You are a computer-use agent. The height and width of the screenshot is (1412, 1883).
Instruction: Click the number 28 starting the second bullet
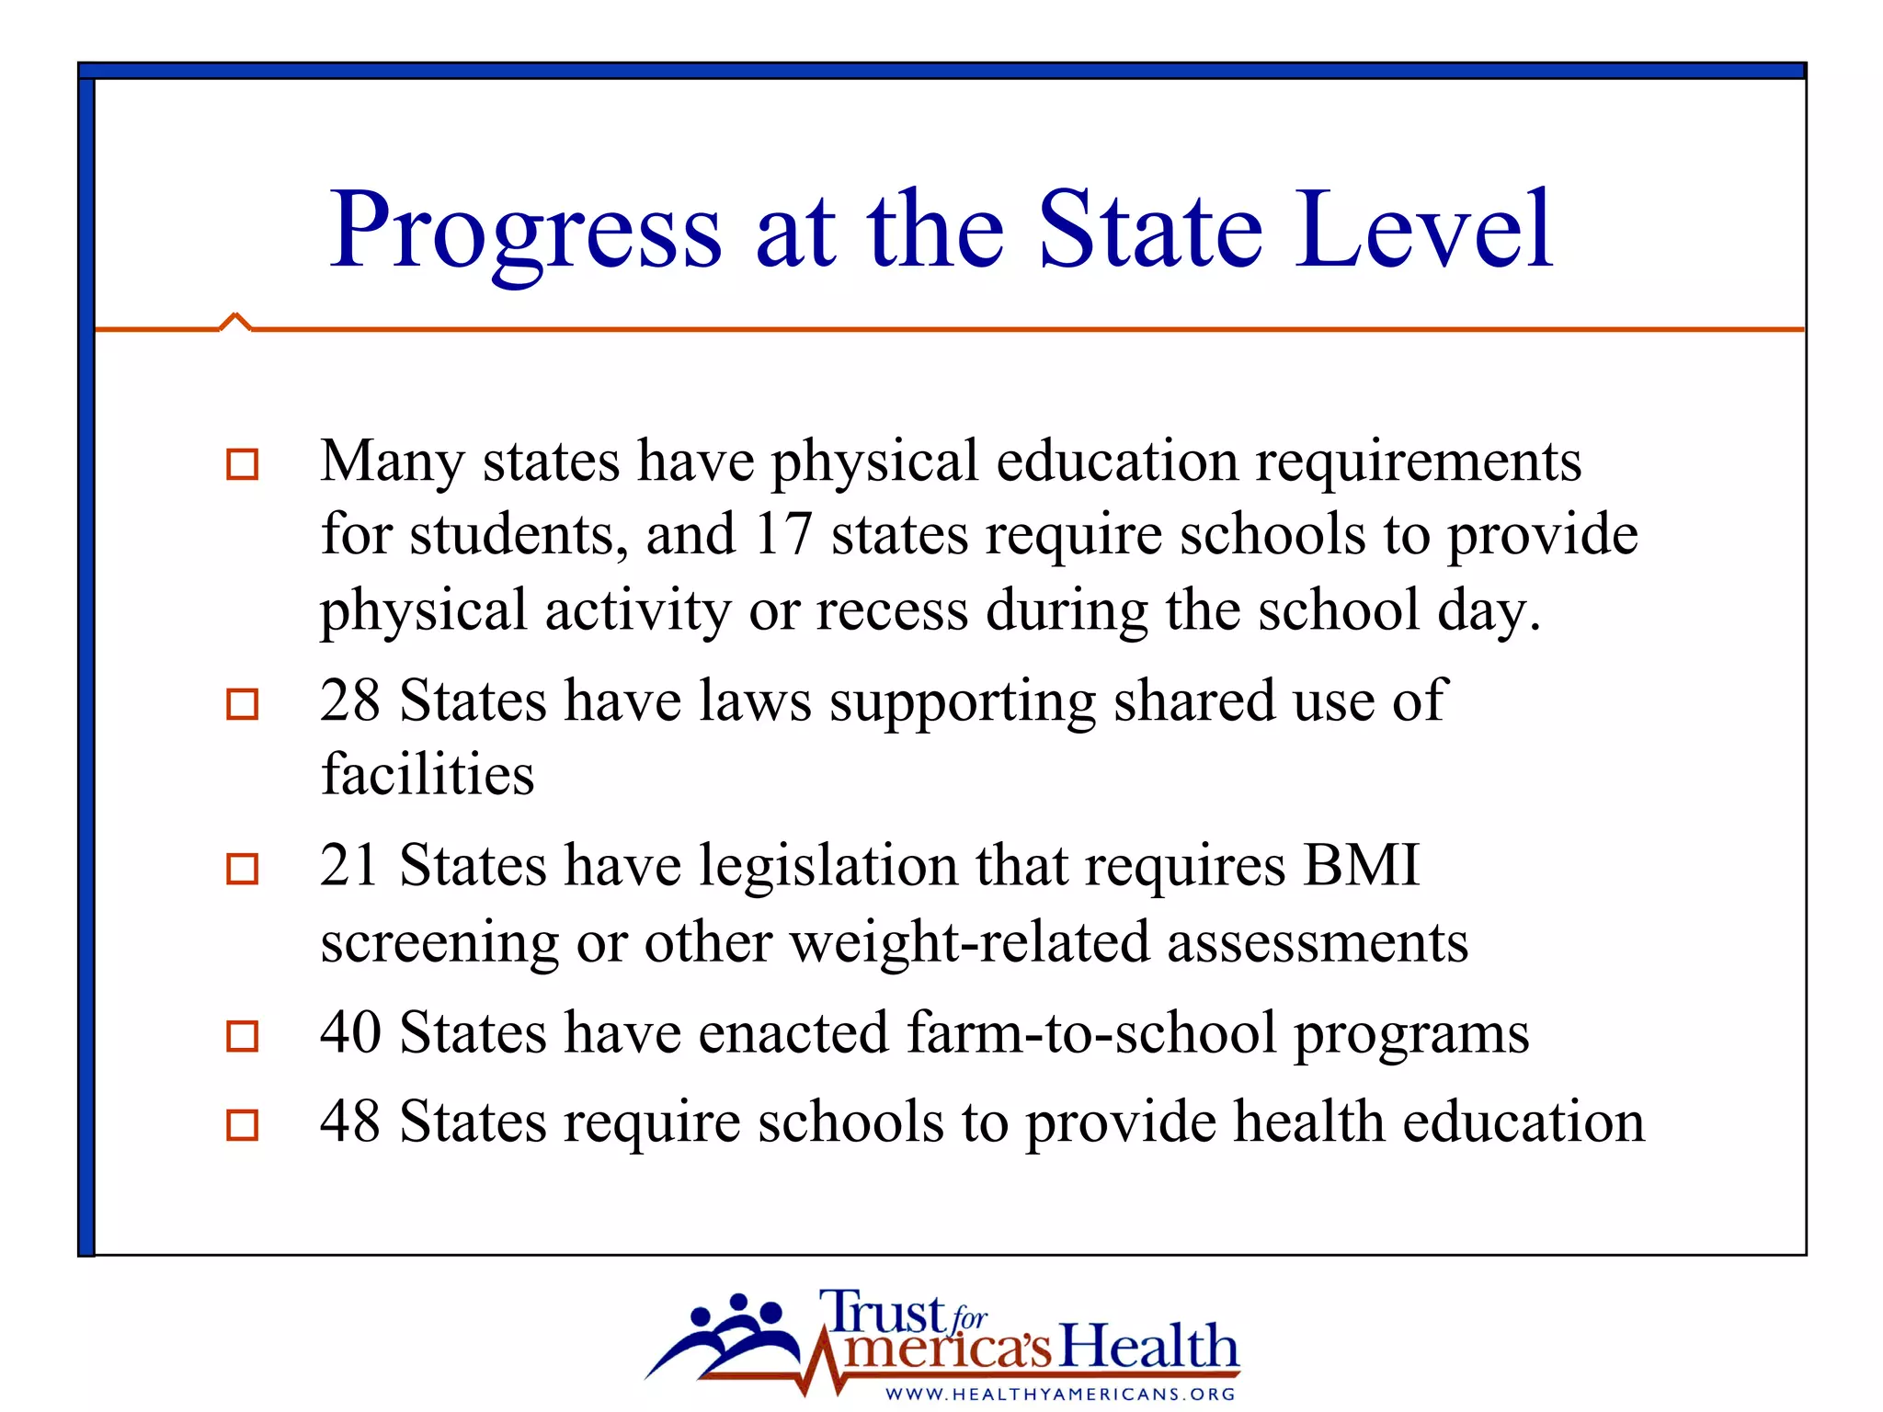pyautogui.click(x=350, y=700)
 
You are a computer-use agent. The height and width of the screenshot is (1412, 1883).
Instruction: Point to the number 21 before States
pyautogui.click(x=349, y=866)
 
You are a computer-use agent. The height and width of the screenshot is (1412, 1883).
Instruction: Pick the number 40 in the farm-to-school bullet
pyautogui.click(x=350, y=1032)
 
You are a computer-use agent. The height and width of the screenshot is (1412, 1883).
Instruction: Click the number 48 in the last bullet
pyautogui.click(x=350, y=1122)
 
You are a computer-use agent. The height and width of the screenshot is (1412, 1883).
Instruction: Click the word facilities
pyautogui.click(x=428, y=774)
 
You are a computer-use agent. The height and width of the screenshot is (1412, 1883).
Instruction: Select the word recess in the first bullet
pyautogui.click(x=892, y=610)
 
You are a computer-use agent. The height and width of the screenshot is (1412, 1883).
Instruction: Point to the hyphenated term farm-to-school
pyautogui.click(x=1091, y=1032)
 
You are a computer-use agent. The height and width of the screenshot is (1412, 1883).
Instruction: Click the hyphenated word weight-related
pyautogui.click(x=969, y=942)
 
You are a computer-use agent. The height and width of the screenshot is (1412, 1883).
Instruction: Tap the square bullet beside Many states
pyautogui.click(x=243, y=463)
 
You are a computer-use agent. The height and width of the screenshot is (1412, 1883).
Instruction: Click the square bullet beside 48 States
pyautogui.click(x=243, y=1124)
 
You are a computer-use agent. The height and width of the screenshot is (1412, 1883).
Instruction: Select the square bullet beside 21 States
pyautogui.click(x=243, y=869)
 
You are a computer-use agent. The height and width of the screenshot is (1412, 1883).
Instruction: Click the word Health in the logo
pyautogui.click(x=1148, y=1347)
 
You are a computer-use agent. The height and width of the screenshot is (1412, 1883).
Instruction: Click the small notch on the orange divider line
pyautogui.click(x=235, y=321)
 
